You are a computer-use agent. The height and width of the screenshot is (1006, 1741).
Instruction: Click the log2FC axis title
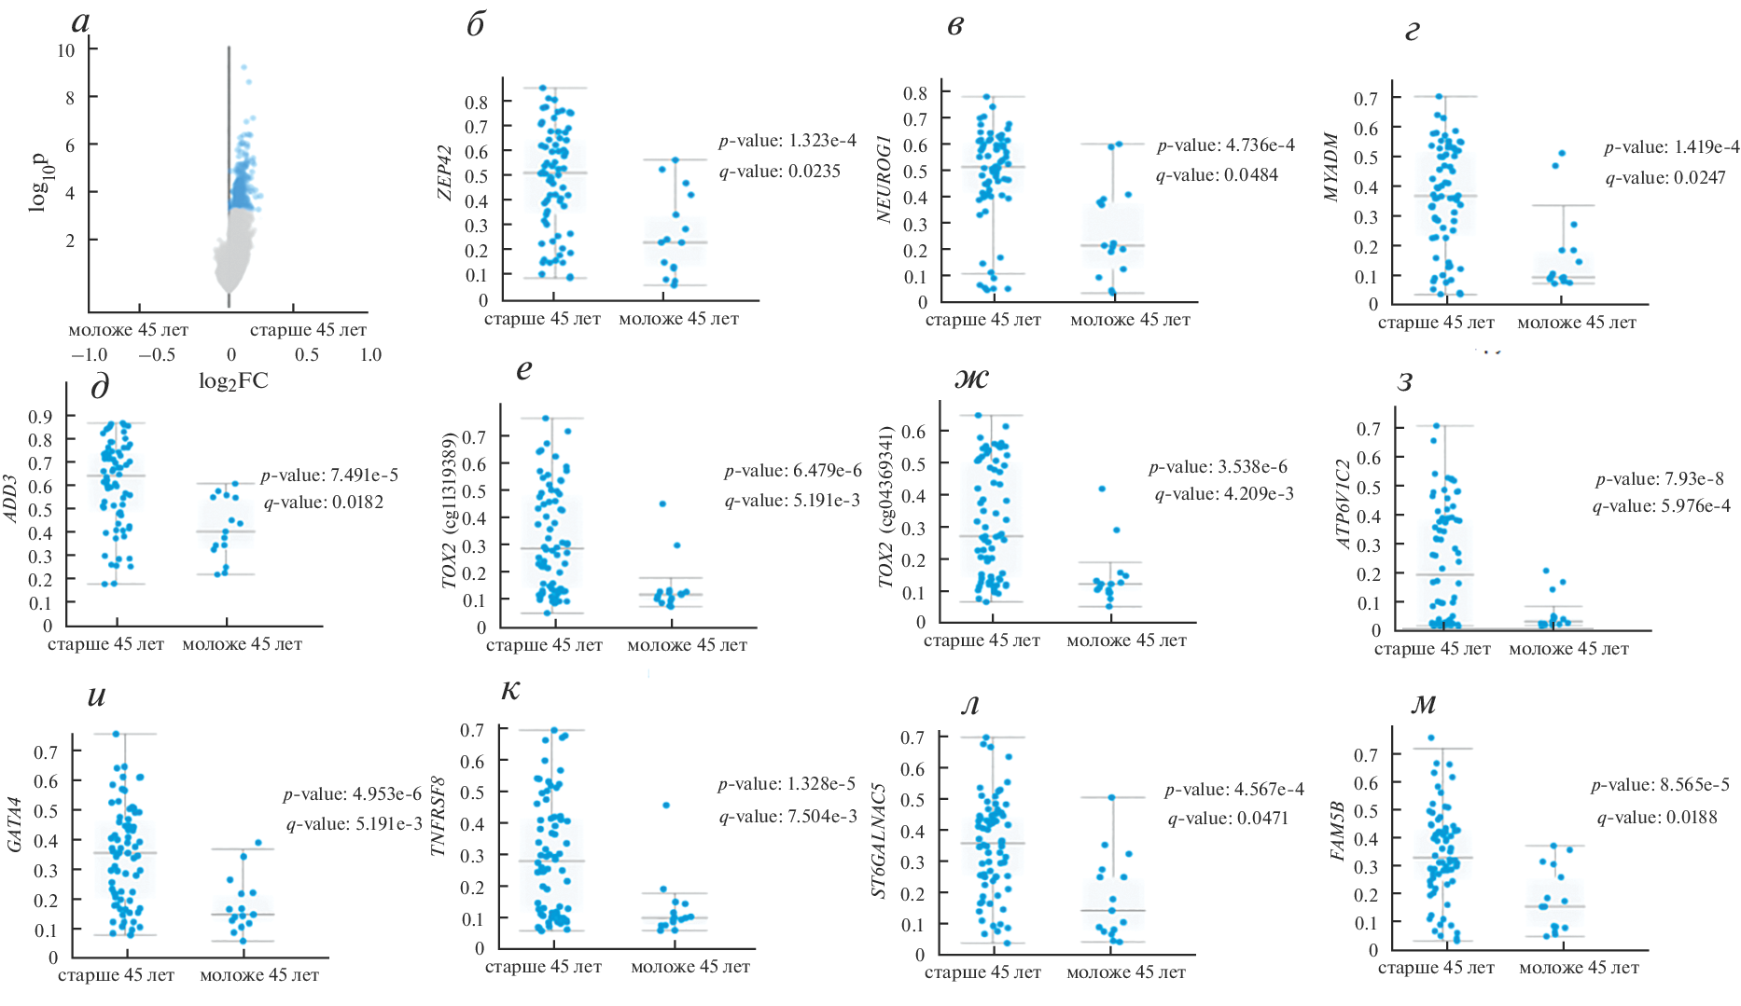click(x=233, y=380)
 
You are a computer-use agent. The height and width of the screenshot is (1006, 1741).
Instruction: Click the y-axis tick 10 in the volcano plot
click(x=65, y=50)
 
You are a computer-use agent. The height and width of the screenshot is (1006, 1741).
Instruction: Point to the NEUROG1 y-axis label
click(x=884, y=178)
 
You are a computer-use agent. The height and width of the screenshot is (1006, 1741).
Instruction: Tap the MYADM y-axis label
click(x=1331, y=168)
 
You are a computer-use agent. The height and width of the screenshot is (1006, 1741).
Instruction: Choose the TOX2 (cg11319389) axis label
click(x=450, y=511)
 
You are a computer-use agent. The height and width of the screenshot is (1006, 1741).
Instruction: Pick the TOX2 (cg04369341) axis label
click(x=886, y=507)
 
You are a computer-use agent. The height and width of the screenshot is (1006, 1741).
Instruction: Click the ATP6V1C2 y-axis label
click(x=1344, y=503)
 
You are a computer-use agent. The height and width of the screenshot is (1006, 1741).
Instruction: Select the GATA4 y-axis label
click(x=15, y=824)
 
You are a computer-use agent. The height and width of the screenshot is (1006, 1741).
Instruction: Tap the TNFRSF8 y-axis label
click(x=439, y=816)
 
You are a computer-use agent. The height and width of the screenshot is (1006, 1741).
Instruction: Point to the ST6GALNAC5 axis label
click(x=879, y=841)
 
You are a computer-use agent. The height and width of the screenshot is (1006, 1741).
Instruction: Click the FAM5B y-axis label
click(x=1338, y=832)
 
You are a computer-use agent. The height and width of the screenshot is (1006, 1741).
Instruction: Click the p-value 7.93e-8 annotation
click(x=1660, y=479)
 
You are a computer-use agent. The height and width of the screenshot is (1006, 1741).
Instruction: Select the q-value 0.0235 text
click(x=779, y=172)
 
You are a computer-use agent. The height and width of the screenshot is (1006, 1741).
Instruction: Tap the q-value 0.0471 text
click(x=1228, y=819)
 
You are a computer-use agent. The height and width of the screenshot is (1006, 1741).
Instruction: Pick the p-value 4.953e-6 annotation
click(x=352, y=794)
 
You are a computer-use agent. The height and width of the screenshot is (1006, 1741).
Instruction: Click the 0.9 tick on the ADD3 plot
click(x=40, y=416)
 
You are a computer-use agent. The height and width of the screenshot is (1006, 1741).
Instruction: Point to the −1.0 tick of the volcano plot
click(x=89, y=355)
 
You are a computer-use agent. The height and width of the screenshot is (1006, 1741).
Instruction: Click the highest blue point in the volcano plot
click(x=244, y=67)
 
